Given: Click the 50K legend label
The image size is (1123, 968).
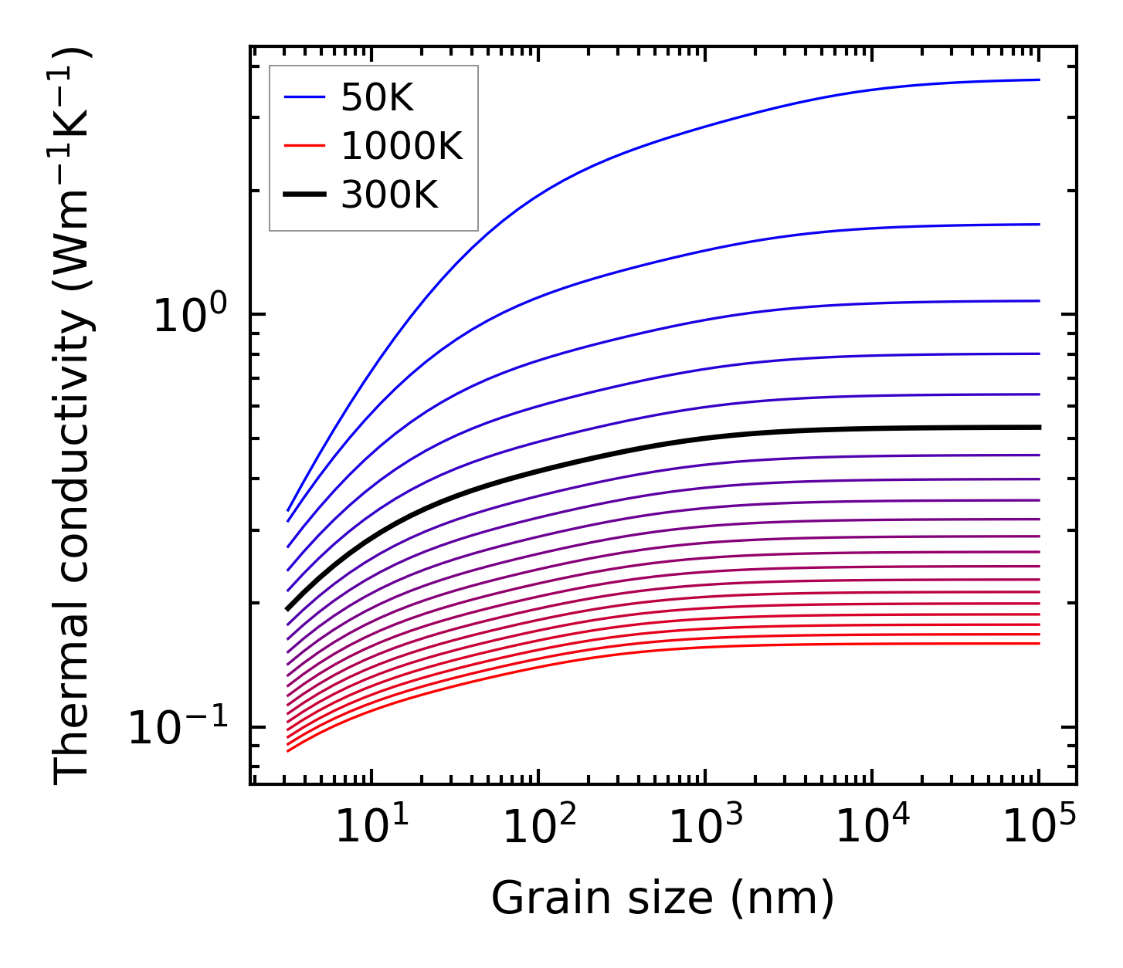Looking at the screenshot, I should click(x=378, y=97).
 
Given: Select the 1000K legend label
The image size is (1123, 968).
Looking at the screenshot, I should click(x=402, y=146).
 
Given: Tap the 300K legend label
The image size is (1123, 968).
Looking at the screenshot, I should click(x=389, y=195).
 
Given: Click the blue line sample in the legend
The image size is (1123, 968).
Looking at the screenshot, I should click(x=306, y=97).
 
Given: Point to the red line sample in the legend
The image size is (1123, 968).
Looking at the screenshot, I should click(x=306, y=146).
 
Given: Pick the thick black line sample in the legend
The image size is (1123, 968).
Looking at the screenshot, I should click(x=306, y=195).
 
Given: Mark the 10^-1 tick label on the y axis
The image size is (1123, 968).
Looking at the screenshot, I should click(x=178, y=727).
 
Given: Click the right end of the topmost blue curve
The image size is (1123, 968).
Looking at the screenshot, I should click(x=1039, y=80).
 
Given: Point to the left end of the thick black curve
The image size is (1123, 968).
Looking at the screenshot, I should click(x=287, y=609).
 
